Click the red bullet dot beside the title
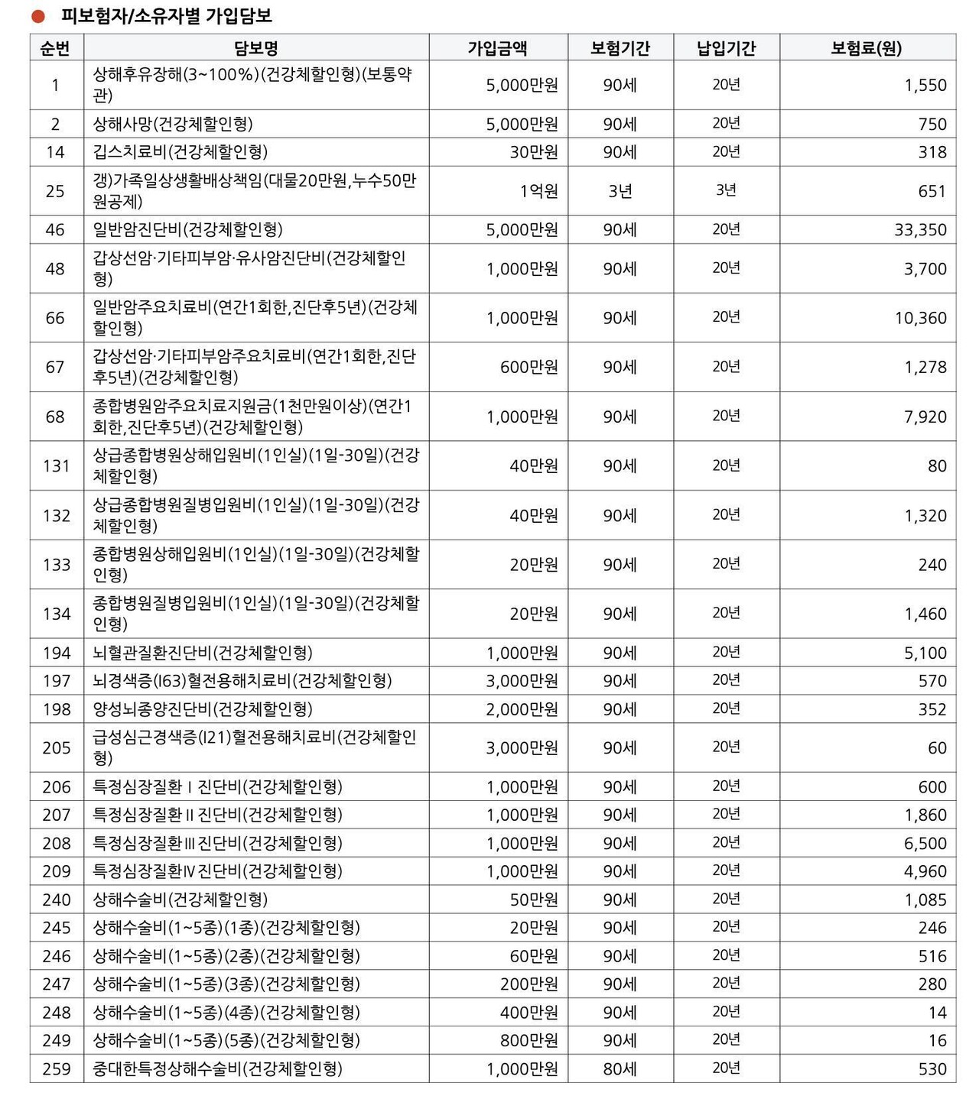pyautogui.click(x=38, y=16)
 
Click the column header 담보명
pyautogui.click(x=255, y=49)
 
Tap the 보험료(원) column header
pyautogui.click(x=867, y=49)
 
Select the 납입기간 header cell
pyautogui.click(x=726, y=49)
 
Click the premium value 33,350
pyautogui.click(x=920, y=229)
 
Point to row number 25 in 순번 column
pyautogui.click(x=55, y=191)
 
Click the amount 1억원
pyautogui.click(x=538, y=191)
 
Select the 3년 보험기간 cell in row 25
pyautogui.click(x=620, y=191)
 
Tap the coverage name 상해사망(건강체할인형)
pyautogui.click(x=173, y=124)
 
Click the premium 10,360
pyautogui.click(x=920, y=318)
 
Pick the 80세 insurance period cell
pyautogui.click(x=620, y=1068)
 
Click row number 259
pyautogui.click(x=57, y=1068)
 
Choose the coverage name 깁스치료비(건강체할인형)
pyautogui.click(x=181, y=152)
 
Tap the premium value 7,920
pyautogui.click(x=925, y=417)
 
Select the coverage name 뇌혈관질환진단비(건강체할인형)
pyautogui.click(x=203, y=653)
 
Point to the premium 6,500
pyautogui.click(x=925, y=843)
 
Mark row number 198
pyautogui.click(x=57, y=708)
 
